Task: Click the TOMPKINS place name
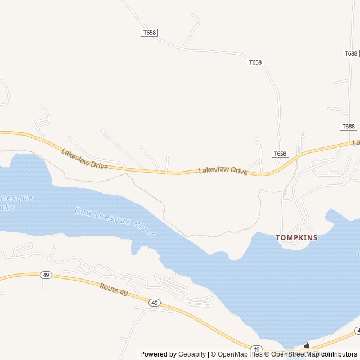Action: coord(296,237)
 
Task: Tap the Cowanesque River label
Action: coord(114,222)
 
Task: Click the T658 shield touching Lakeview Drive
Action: coord(280,154)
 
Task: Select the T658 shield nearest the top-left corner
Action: coord(148,33)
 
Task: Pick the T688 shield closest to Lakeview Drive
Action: coord(348,127)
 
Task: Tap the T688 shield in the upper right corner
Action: coord(350,53)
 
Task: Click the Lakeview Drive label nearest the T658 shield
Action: coord(223,170)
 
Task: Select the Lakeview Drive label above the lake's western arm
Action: coord(84,159)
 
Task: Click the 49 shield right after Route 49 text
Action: coord(154,303)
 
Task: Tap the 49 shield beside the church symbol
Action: coord(256,349)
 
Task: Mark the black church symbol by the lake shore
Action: coord(307,346)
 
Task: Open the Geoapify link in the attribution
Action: coord(192,354)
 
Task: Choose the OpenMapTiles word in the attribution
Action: coord(240,354)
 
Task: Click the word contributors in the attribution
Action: coord(339,354)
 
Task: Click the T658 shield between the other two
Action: coord(255,62)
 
